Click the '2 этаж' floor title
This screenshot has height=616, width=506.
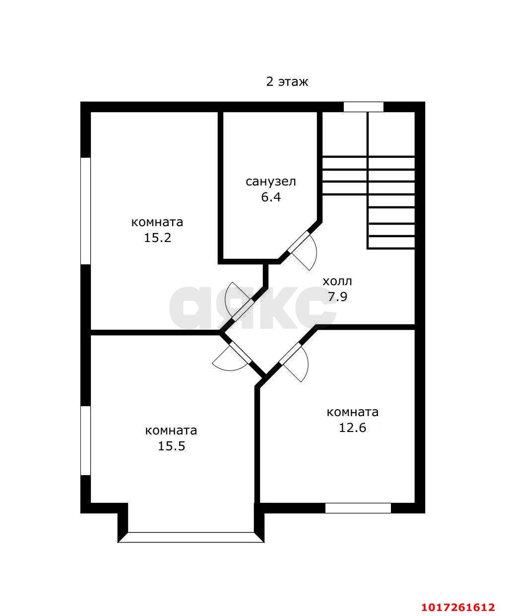point(287,82)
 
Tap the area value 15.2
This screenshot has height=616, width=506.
point(157,238)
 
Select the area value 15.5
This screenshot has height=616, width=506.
point(172,446)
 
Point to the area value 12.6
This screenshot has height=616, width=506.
point(352,428)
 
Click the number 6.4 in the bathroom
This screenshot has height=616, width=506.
point(271,197)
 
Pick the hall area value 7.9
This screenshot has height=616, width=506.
point(337,297)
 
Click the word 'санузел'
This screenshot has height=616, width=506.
point(271,182)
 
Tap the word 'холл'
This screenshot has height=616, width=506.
point(337,282)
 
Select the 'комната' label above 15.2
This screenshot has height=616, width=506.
point(157,223)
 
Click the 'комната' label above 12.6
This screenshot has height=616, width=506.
point(352,413)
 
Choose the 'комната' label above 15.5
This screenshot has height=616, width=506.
point(172,431)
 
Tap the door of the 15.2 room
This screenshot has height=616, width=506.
point(239,302)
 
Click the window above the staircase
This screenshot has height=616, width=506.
point(363,107)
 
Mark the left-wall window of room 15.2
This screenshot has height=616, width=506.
point(85,211)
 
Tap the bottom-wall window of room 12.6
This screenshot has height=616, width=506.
point(358,508)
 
